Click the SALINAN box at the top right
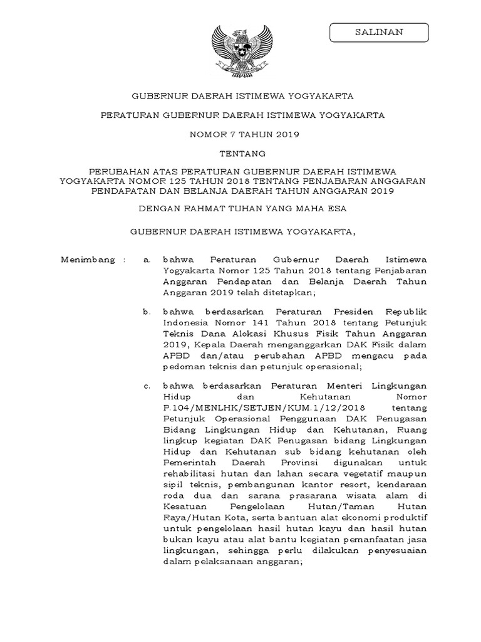click(x=380, y=32)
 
